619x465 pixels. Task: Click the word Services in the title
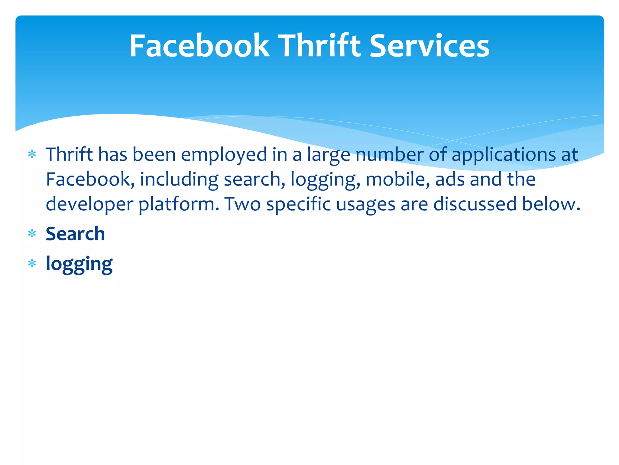point(429,46)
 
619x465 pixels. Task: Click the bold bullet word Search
point(75,234)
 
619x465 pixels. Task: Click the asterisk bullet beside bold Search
point(32,234)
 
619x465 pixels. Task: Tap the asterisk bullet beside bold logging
point(32,264)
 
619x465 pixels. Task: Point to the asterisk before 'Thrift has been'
point(32,155)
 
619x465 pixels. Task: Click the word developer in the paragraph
point(89,204)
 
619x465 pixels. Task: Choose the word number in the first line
point(390,155)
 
